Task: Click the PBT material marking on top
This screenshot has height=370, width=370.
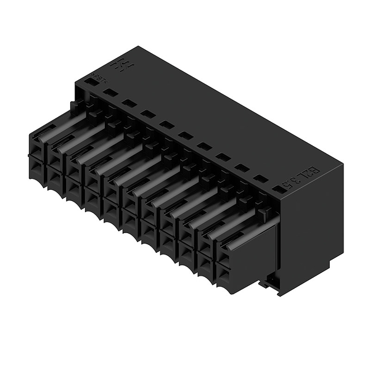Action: (97, 78)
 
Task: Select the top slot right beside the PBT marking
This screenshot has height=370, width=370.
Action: (110, 92)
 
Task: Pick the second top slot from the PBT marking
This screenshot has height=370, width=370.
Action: (129, 102)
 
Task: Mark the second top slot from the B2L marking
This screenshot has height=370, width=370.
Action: (260, 179)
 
